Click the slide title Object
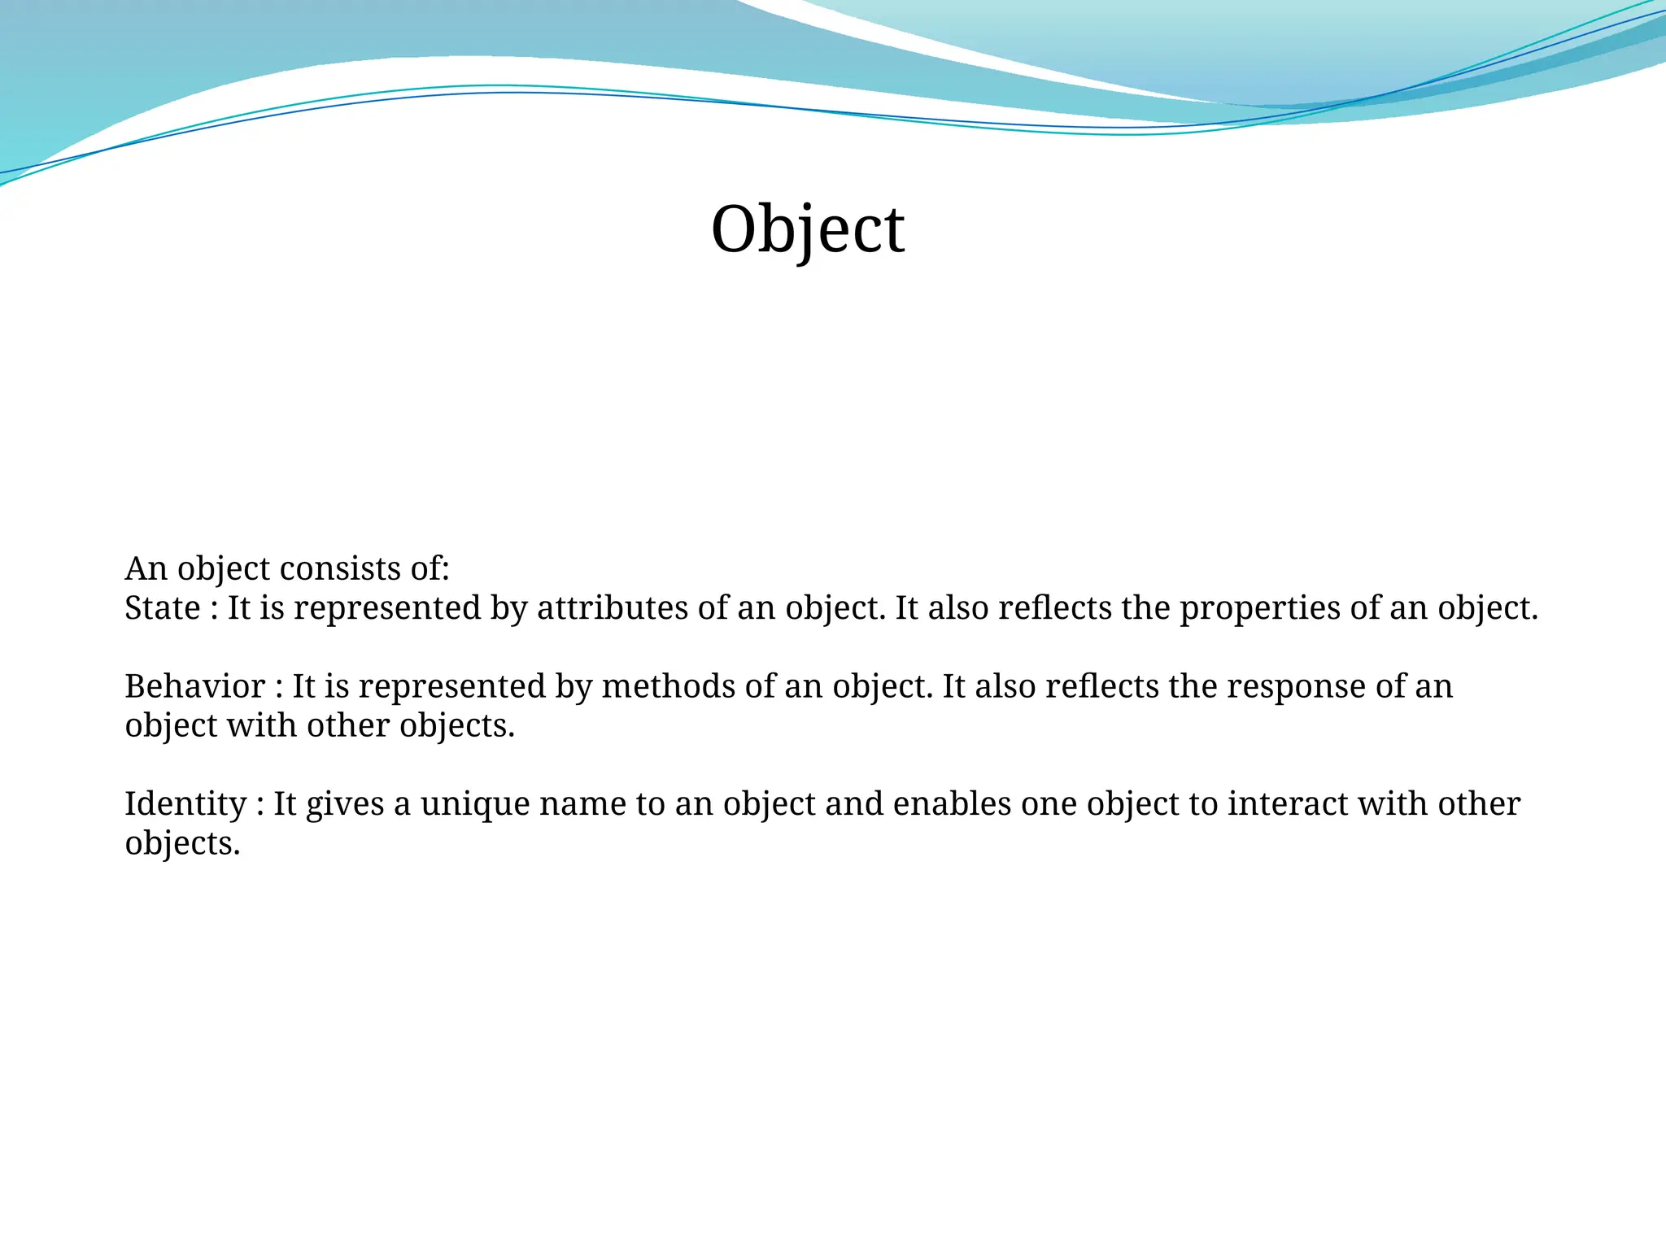click(807, 229)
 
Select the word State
click(162, 607)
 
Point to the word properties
click(1260, 607)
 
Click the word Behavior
click(194, 686)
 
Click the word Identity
click(185, 803)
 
